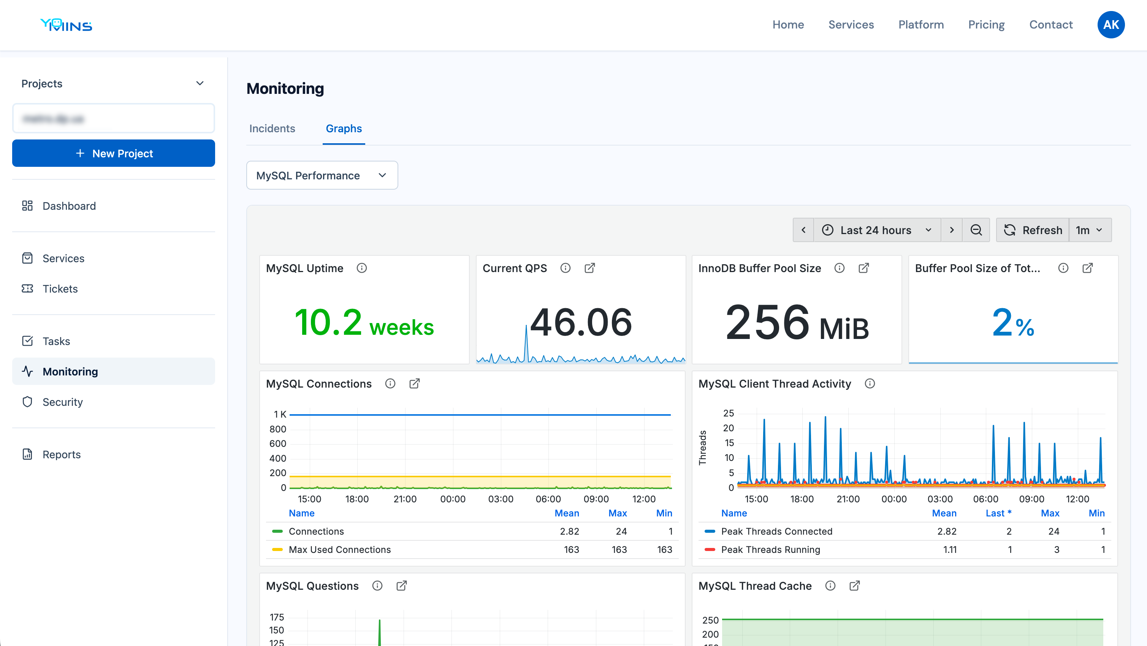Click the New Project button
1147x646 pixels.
point(114,153)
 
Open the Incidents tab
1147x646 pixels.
point(272,129)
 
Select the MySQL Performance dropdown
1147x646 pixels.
point(322,176)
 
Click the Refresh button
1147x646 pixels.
point(1033,230)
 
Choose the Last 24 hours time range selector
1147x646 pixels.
point(877,230)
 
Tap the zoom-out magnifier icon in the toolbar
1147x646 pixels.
point(976,230)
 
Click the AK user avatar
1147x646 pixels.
point(1111,25)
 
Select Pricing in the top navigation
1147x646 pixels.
point(986,25)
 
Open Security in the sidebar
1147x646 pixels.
point(63,402)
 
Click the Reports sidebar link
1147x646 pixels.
point(62,454)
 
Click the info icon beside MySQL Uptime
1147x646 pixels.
point(361,268)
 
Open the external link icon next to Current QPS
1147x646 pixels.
point(589,268)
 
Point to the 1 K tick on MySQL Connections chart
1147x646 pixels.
point(280,415)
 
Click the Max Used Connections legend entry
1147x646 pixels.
point(339,550)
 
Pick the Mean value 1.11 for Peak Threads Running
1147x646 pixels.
point(950,550)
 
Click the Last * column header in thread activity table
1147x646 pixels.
point(998,513)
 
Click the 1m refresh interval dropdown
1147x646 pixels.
point(1089,230)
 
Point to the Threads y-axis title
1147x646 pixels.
point(703,448)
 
